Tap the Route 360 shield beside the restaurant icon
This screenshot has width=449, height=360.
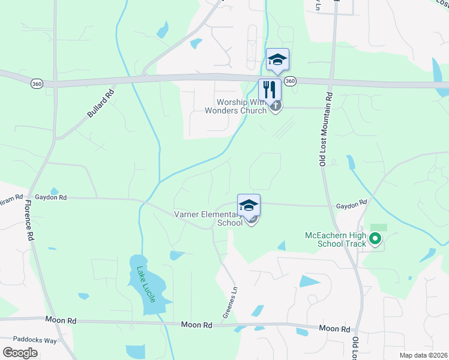[291, 81]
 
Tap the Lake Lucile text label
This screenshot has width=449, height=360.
[145, 284]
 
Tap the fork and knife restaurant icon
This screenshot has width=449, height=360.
[270, 90]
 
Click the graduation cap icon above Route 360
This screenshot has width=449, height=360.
[277, 59]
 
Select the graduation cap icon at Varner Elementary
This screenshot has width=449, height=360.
[249, 205]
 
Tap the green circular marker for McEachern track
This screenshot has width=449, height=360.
[376, 239]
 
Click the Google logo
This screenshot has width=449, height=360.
[20, 353]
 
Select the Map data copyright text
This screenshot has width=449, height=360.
[423, 355]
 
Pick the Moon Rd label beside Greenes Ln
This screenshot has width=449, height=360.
[197, 325]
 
